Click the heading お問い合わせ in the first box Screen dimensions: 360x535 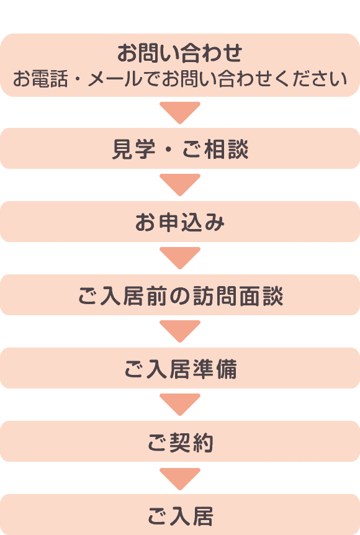tap(180, 53)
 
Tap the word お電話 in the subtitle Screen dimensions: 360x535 tap(40, 79)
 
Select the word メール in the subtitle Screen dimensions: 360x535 tap(115, 79)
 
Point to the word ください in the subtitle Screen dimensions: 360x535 tap(314, 79)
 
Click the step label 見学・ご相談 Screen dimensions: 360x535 tap(180, 149)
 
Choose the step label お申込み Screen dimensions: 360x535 tap(180, 222)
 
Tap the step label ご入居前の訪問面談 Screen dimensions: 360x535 tap(181, 295)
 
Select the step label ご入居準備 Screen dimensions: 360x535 tap(180, 369)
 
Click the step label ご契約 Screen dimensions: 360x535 tap(180, 442)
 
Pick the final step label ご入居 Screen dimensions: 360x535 tap(180, 516)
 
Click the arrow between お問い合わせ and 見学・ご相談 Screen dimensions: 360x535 tap(180, 112)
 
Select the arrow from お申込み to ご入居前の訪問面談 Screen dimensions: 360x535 tap(180, 258)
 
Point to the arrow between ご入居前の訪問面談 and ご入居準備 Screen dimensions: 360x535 tap(180, 331)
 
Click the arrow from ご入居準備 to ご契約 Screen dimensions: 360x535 tap(180, 405)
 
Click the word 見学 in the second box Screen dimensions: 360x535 tap(134, 149)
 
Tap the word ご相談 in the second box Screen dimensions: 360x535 tap(215, 149)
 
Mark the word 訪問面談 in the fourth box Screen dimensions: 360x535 tap(238, 295)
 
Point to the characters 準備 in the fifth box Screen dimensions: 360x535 tap(214, 369)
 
